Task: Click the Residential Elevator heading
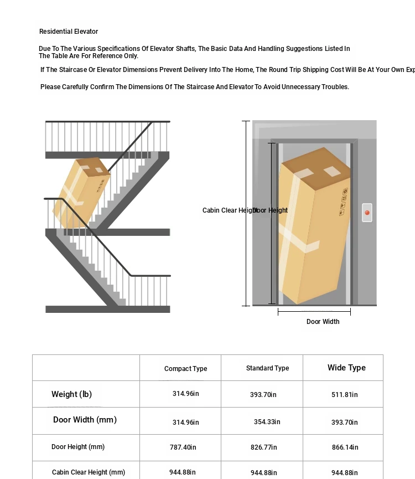(x=69, y=32)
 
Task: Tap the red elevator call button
(x=366, y=212)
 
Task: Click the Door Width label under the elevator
(x=323, y=322)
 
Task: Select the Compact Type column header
(x=185, y=369)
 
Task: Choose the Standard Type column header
(x=267, y=368)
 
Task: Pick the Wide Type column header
(x=346, y=368)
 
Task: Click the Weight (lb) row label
(x=71, y=394)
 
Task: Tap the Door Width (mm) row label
(x=85, y=420)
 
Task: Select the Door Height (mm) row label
(x=78, y=447)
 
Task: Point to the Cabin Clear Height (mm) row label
(x=89, y=472)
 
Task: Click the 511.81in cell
(x=345, y=395)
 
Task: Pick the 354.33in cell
(x=267, y=422)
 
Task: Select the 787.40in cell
(x=183, y=447)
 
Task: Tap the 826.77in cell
(x=264, y=447)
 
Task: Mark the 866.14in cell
(x=345, y=447)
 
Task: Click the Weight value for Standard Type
(x=263, y=395)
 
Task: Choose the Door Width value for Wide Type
(x=345, y=423)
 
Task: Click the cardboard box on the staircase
(x=81, y=192)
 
